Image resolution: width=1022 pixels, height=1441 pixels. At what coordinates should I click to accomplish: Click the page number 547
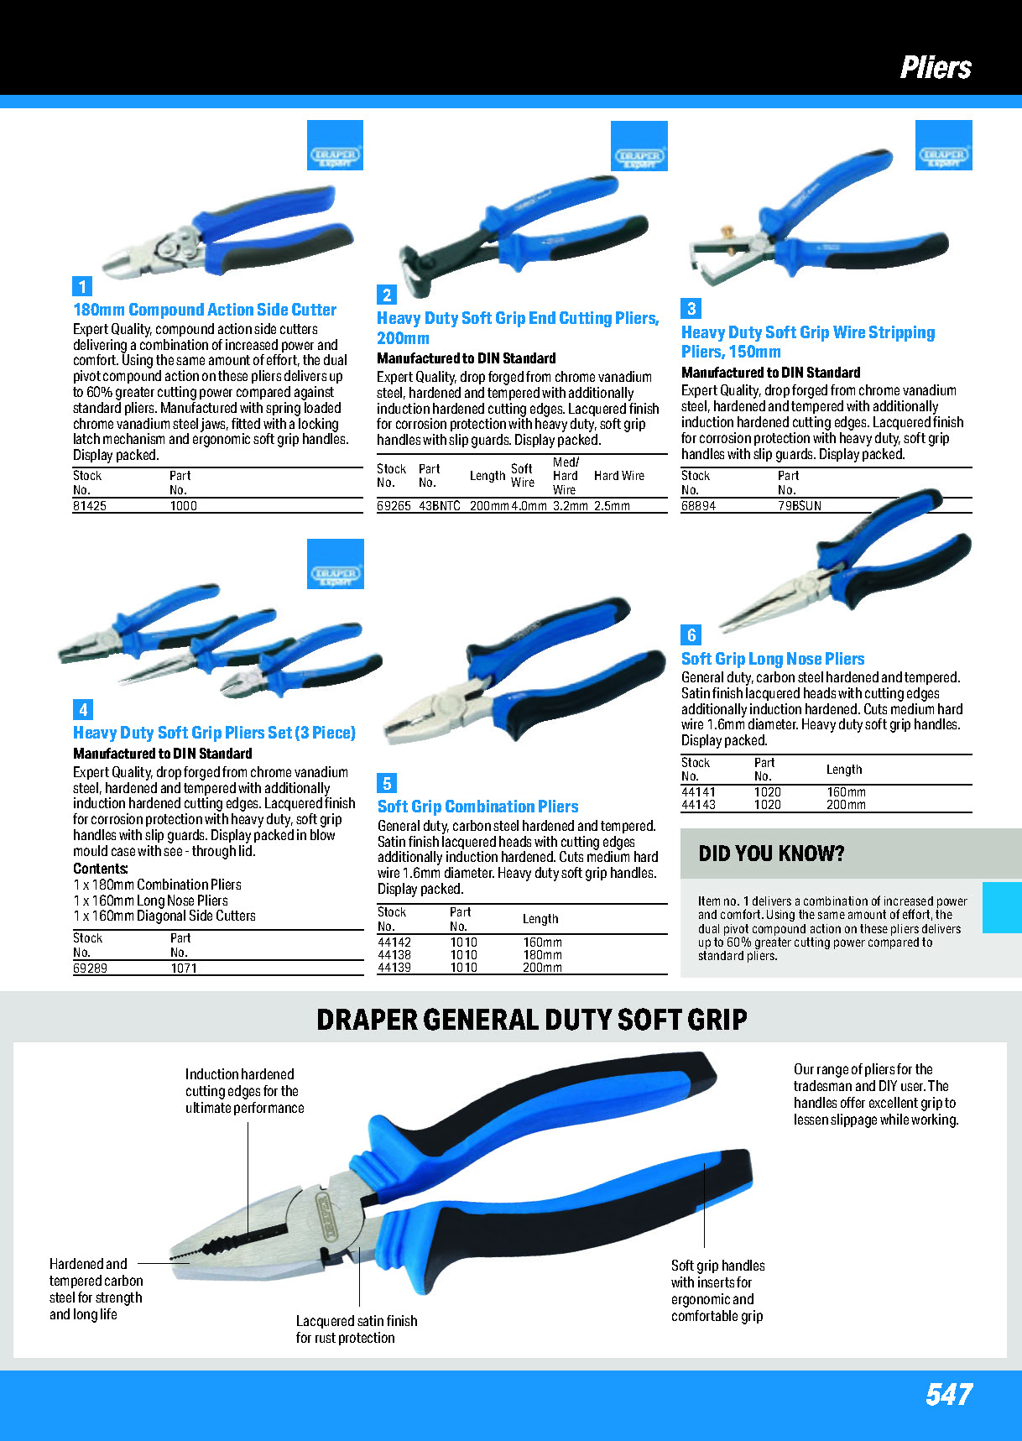tap(949, 1394)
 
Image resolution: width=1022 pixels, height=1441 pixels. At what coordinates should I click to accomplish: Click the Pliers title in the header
tap(936, 67)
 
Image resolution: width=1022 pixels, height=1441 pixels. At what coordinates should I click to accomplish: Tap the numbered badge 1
tap(82, 286)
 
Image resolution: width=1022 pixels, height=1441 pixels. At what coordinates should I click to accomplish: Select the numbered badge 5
tap(387, 783)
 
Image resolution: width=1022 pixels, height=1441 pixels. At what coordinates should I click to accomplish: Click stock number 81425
tap(90, 506)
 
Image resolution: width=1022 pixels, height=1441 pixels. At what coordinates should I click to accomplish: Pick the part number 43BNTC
tap(440, 506)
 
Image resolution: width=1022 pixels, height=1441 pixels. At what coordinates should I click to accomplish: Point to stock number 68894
tap(698, 506)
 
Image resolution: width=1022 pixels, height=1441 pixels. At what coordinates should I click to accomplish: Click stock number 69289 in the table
tap(90, 968)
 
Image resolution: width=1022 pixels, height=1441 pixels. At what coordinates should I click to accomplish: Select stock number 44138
tap(394, 955)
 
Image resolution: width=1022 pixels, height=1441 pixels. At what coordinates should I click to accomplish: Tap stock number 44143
tap(698, 805)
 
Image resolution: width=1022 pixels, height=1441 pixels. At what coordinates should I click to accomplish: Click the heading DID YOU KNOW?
tap(771, 854)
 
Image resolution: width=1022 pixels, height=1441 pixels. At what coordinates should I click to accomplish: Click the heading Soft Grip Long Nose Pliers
tap(773, 659)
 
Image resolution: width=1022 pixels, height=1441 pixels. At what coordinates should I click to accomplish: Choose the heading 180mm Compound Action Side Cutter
tap(205, 310)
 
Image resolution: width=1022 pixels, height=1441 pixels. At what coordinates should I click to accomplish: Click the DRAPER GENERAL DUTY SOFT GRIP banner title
tap(532, 1019)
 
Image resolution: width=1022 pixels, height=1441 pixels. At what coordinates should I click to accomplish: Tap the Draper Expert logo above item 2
tap(639, 146)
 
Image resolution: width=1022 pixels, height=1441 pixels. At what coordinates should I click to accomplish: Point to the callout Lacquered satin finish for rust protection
tap(357, 1329)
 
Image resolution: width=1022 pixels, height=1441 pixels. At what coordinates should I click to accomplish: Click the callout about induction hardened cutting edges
tap(244, 1090)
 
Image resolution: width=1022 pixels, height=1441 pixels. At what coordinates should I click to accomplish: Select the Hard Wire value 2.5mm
tap(612, 506)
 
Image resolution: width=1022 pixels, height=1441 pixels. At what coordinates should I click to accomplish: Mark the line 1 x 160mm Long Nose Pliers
tap(151, 900)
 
